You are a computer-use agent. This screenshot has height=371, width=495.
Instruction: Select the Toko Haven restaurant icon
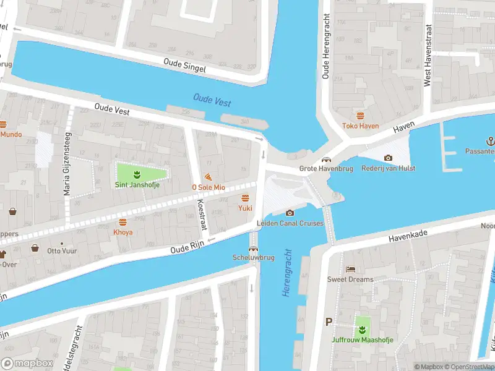[360, 116]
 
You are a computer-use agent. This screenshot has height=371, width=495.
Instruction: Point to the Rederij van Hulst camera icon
[388, 158]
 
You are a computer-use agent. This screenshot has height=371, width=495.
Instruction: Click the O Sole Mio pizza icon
[208, 177]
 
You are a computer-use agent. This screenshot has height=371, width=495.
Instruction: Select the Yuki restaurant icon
[245, 198]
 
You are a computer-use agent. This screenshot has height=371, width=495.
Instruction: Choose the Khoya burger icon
[123, 222]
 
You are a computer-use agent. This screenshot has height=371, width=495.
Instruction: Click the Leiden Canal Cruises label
[290, 223]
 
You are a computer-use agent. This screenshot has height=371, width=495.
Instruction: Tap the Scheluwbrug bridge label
[252, 257]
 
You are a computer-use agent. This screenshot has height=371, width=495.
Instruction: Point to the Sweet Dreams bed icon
[350, 270]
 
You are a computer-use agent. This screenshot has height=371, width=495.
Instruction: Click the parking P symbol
[329, 322]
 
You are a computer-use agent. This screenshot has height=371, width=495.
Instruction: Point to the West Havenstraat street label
[427, 56]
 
